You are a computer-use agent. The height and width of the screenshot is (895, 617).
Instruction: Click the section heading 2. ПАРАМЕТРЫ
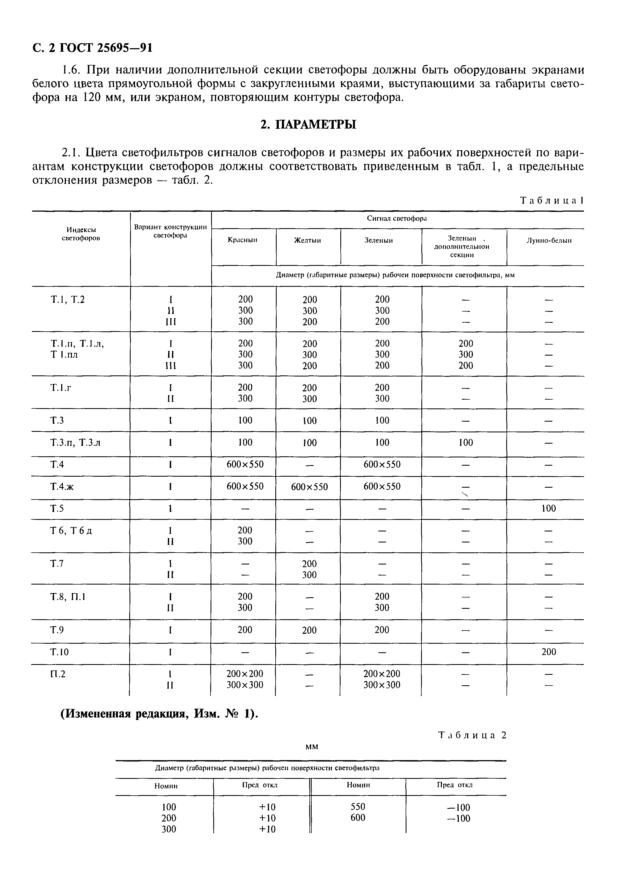click(x=308, y=125)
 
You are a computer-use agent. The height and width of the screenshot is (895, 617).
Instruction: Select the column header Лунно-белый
click(x=549, y=241)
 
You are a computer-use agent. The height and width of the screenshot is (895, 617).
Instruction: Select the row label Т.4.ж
click(x=62, y=487)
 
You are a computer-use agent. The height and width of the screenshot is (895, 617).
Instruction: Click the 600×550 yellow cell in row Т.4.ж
click(x=309, y=487)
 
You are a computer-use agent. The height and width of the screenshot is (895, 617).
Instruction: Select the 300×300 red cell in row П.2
click(x=245, y=685)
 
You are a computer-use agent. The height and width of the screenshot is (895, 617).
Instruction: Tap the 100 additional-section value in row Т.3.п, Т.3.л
click(x=465, y=443)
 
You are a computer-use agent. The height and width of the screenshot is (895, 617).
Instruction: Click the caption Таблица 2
click(x=472, y=735)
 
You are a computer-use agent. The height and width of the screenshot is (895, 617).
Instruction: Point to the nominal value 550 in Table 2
click(x=358, y=807)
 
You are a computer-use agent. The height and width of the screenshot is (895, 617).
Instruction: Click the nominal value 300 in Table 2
click(x=169, y=829)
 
